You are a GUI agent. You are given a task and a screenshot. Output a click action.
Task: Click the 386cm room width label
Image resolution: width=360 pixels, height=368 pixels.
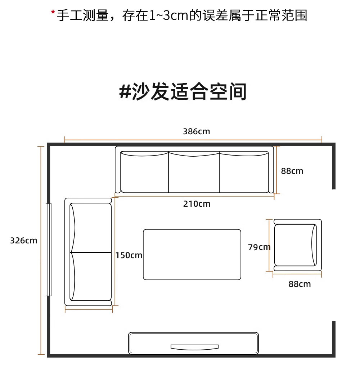pyautogui.click(x=197, y=131)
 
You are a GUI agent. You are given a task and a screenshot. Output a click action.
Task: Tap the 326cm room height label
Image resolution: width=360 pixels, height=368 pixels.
pyautogui.click(x=24, y=241)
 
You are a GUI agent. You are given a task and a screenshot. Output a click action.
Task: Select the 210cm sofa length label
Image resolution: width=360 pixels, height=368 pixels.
pyautogui.click(x=197, y=204)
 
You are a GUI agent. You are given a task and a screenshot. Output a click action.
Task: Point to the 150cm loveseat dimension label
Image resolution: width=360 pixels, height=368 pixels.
pyautogui.click(x=129, y=255)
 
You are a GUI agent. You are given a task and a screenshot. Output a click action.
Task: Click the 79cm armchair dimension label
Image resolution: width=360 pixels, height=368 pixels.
pyautogui.click(x=259, y=247)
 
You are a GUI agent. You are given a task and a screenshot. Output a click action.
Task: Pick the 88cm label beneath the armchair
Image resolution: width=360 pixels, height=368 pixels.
pyautogui.click(x=300, y=284)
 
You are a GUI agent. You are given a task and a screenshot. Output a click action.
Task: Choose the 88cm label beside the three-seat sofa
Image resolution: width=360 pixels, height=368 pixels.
pyautogui.click(x=292, y=171)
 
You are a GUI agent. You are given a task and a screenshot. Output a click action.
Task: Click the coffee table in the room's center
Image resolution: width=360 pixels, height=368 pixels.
pyautogui.click(x=192, y=255)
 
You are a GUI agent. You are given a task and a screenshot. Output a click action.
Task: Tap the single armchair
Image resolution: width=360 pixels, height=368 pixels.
pyautogui.click(x=298, y=245)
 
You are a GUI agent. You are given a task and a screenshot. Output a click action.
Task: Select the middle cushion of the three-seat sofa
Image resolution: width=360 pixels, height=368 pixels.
pyautogui.click(x=194, y=172)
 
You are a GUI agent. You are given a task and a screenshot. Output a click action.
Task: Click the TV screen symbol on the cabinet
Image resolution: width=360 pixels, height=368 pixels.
pyautogui.click(x=194, y=347)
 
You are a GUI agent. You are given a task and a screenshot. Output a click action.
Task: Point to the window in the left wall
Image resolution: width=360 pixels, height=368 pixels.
pyautogui.click(x=49, y=250)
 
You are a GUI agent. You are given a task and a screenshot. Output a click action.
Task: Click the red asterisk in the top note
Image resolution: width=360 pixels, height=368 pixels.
pyautogui.click(x=53, y=12)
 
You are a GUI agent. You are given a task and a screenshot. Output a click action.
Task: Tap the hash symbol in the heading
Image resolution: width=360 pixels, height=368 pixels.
pyautogui.click(x=125, y=91)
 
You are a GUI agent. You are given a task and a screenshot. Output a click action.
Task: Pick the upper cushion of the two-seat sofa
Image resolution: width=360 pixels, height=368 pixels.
pyautogui.click(x=91, y=228)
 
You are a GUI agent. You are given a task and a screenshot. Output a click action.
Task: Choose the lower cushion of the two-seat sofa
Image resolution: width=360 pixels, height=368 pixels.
pyautogui.click(x=91, y=277)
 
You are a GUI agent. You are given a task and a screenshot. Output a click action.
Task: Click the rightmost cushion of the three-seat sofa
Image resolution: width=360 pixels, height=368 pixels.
pyautogui.click(x=244, y=172)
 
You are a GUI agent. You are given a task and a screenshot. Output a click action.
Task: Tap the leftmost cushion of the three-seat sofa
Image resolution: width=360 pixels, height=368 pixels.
pyautogui.click(x=144, y=172)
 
